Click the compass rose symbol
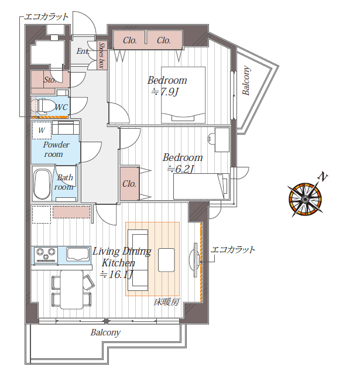tap(305, 198)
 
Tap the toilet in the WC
tap(43, 107)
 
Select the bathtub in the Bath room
tap(42, 184)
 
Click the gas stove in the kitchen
tap(46, 255)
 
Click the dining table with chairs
tap(72, 290)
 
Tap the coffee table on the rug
tap(166, 260)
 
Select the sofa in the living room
tap(138, 260)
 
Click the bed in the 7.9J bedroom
tap(183, 95)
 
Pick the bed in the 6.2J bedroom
tap(201, 186)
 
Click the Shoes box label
tap(102, 55)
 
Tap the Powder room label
tap(56, 149)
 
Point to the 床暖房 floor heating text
tap(166, 302)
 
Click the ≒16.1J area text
tap(116, 275)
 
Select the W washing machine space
tap(42, 131)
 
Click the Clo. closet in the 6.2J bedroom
tap(129, 184)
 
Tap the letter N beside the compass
tap(323, 177)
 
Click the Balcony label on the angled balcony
tap(246, 80)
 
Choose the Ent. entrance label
tap(83, 51)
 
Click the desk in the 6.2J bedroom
tap(222, 139)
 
